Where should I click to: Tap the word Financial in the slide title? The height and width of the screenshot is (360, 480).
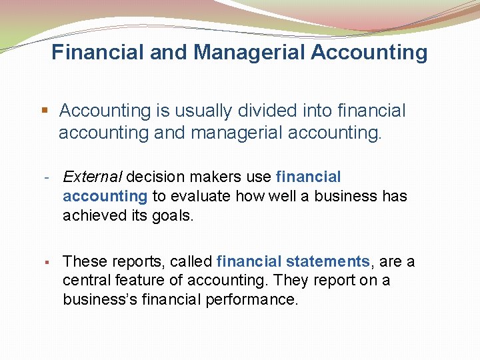tap(98, 52)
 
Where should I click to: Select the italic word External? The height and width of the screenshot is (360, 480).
tap(92, 177)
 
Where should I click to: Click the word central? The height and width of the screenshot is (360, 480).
tap(85, 281)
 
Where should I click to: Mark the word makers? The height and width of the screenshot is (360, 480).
tap(210, 177)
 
